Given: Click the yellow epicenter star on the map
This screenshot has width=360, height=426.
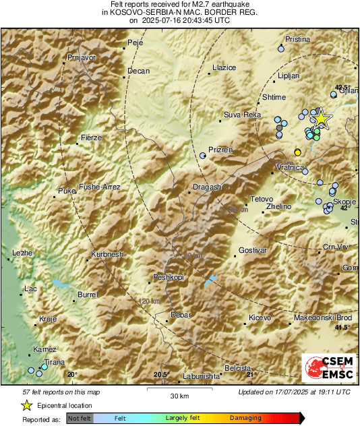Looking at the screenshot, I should click(322, 119).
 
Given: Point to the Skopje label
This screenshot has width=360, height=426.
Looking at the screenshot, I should click(344, 202).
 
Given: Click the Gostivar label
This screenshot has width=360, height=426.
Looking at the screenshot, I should click(253, 250).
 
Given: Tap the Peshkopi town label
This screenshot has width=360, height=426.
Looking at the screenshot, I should click(169, 277).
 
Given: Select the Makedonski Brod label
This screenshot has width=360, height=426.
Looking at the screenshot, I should click(323, 317).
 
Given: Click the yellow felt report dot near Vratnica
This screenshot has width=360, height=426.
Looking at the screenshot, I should click(298, 152).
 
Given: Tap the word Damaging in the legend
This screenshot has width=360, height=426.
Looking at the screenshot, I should click(245, 418).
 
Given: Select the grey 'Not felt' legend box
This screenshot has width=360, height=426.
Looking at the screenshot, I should click(80, 419).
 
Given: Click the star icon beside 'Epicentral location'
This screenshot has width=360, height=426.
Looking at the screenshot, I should click(26, 405).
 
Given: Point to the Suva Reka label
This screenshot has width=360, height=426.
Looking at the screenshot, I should click(242, 115).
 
